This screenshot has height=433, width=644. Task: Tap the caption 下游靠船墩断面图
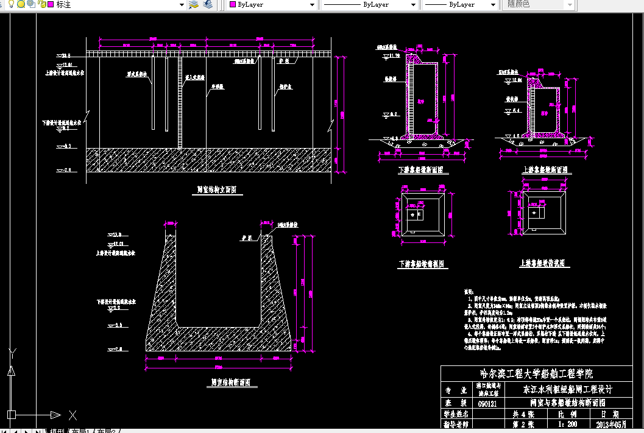click(420, 171)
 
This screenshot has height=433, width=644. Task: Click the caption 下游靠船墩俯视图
click(423, 265)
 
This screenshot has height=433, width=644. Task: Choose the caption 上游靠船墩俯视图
click(545, 264)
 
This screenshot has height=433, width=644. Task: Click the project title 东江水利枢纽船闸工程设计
click(567, 389)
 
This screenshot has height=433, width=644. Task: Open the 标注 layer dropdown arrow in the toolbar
click(182, 4)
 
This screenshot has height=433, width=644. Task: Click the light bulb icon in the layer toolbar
click(11, 4)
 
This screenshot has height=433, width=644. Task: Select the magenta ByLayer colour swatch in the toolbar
click(232, 4)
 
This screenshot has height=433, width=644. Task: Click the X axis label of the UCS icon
click(73, 415)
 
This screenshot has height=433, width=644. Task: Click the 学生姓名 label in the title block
click(456, 414)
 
